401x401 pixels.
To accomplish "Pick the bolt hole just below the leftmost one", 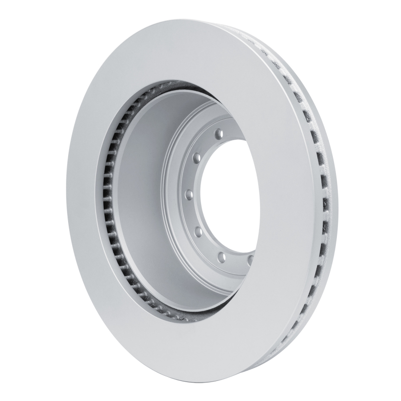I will tap(197, 230).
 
